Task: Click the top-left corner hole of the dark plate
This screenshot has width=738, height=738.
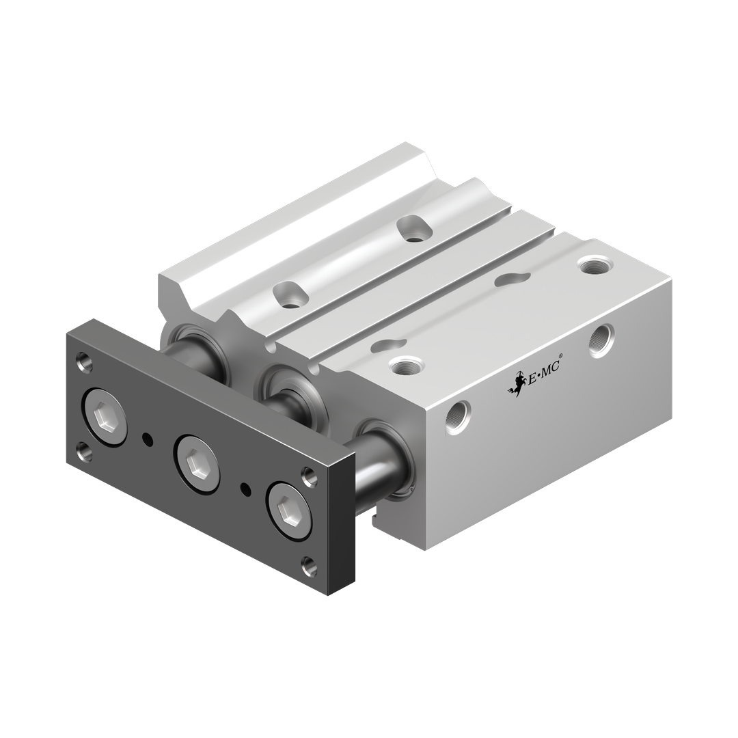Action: pos(85,363)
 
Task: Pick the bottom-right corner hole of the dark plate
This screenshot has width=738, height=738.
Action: pos(309,566)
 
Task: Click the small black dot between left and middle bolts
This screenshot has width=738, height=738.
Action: pos(148,439)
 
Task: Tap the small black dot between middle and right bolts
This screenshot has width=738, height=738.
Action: pos(245,489)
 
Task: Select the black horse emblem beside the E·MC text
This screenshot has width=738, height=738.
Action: pos(517,383)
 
